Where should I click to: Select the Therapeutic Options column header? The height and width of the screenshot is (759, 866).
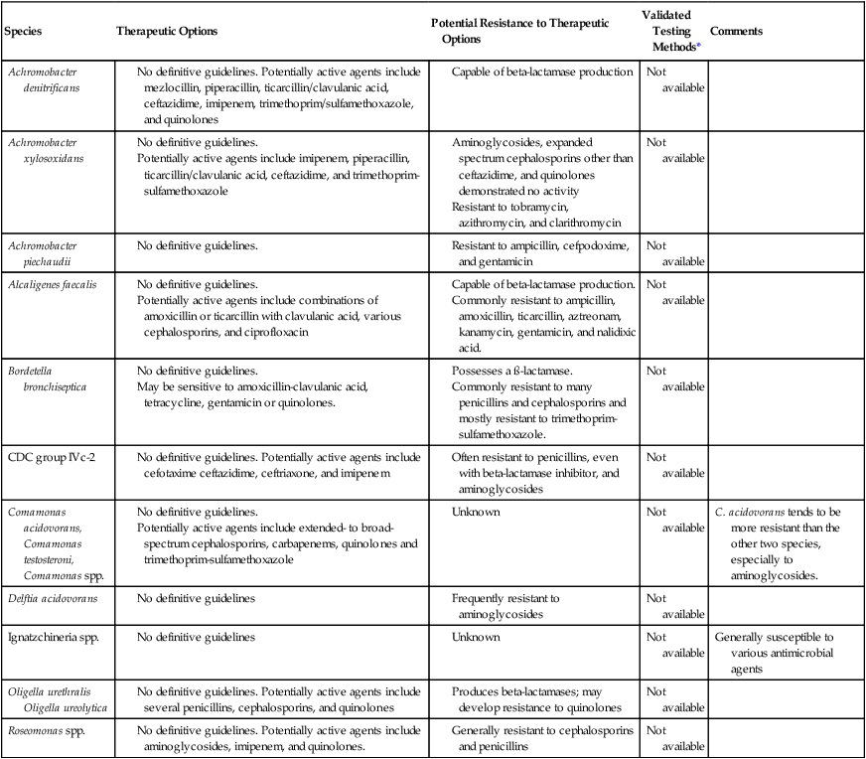point(165,31)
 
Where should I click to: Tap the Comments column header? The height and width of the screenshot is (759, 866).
point(737,31)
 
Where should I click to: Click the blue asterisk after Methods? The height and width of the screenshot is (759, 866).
point(699,46)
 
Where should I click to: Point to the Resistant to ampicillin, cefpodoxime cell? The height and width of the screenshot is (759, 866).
point(536,252)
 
